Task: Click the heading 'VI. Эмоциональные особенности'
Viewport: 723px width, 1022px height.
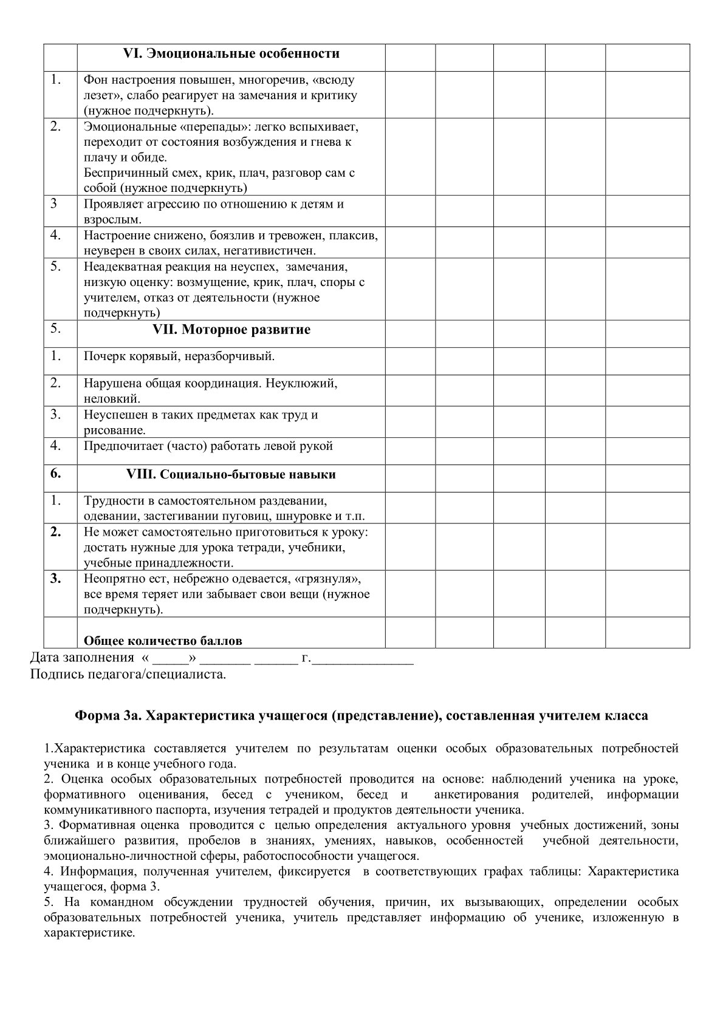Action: (231, 54)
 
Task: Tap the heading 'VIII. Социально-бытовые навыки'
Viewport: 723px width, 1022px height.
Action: (231, 474)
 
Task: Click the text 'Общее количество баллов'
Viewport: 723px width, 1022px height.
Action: (162, 641)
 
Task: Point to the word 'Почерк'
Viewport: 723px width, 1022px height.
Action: (101, 356)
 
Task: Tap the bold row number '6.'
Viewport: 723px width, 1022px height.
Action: (56, 474)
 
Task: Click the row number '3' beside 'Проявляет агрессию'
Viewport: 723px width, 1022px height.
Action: (53, 203)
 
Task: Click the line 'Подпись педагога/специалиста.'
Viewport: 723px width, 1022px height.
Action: (128, 675)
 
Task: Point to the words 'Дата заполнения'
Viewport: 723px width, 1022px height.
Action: (82, 658)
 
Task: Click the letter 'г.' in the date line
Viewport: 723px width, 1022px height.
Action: (305, 658)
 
